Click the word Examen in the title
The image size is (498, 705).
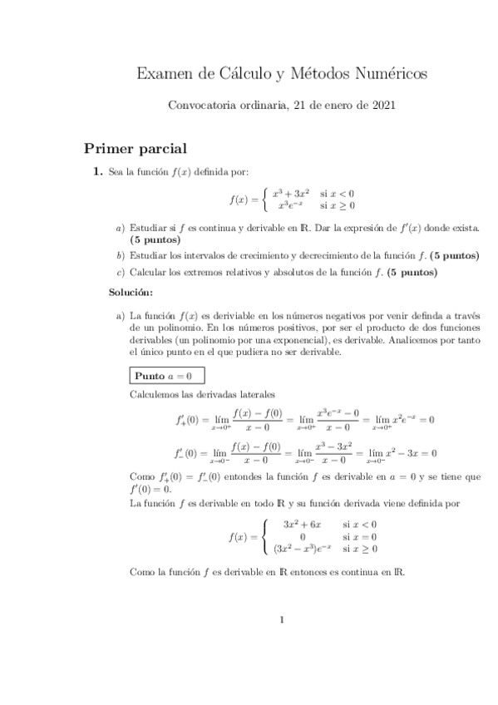pyautogui.click(x=162, y=75)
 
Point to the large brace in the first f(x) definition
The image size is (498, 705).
pyautogui.click(x=264, y=199)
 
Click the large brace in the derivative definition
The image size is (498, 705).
pyautogui.click(x=264, y=536)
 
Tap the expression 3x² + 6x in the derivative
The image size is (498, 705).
pyautogui.click(x=296, y=524)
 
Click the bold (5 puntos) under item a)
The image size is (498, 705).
pyautogui.click(x=155, y=239)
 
